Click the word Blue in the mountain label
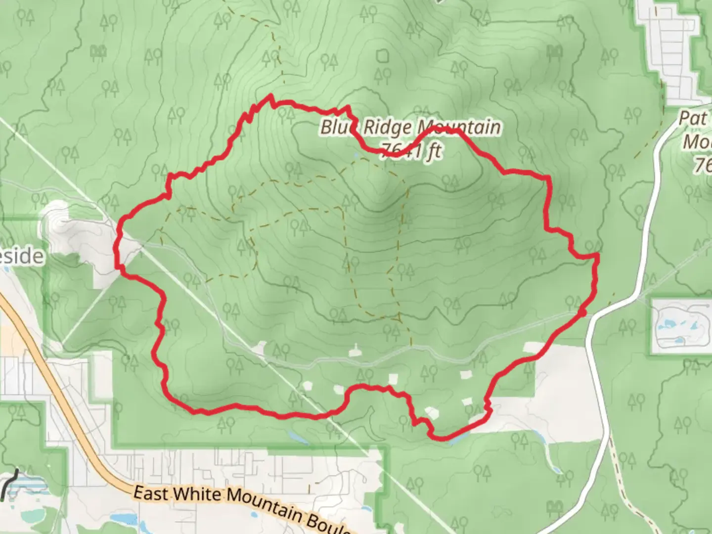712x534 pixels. [x=338, y=128]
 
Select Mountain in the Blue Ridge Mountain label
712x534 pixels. [x=459, y=128]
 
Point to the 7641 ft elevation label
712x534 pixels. [x=410, y=150]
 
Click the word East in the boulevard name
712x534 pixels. [x=151, y=493]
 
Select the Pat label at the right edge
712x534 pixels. [x=692, y=119]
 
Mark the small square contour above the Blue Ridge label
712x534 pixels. [x=383, y=56]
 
